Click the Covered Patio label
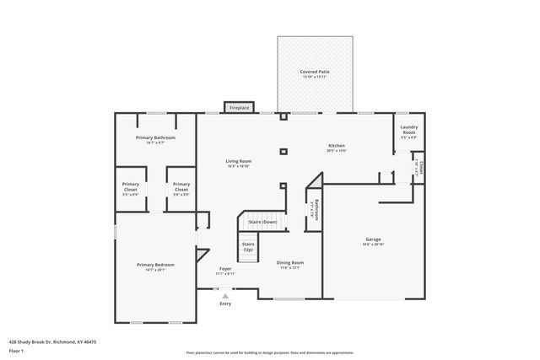pyautogui.click(x=314, y=73)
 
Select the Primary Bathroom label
pyautogui.click(x=155, y=137)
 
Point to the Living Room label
pyautogui.click(x=238, y=161)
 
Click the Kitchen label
pyautogui.click(x=337, y=146)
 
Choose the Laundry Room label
pyautogui.click(x=409, y=130)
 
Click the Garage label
pyautogui.click(x=373, y=239)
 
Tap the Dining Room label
pyautogui.click(x=290, y=262)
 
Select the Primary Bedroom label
pyautogui.click(x=155, y=265)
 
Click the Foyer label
pyautogui.click(x=225, y=269)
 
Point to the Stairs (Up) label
pyautogui.click(x=248, y=246)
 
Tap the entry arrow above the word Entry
pyautogui.click(x=225, y=296)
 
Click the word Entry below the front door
pyautogui.click(x=225, y=304)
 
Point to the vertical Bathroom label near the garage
pyautogui.click(x=316, y=209)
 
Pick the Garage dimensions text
pyautogui.click(x=373, y=244)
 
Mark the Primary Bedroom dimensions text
pyautogui.click(x=155, y=270)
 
